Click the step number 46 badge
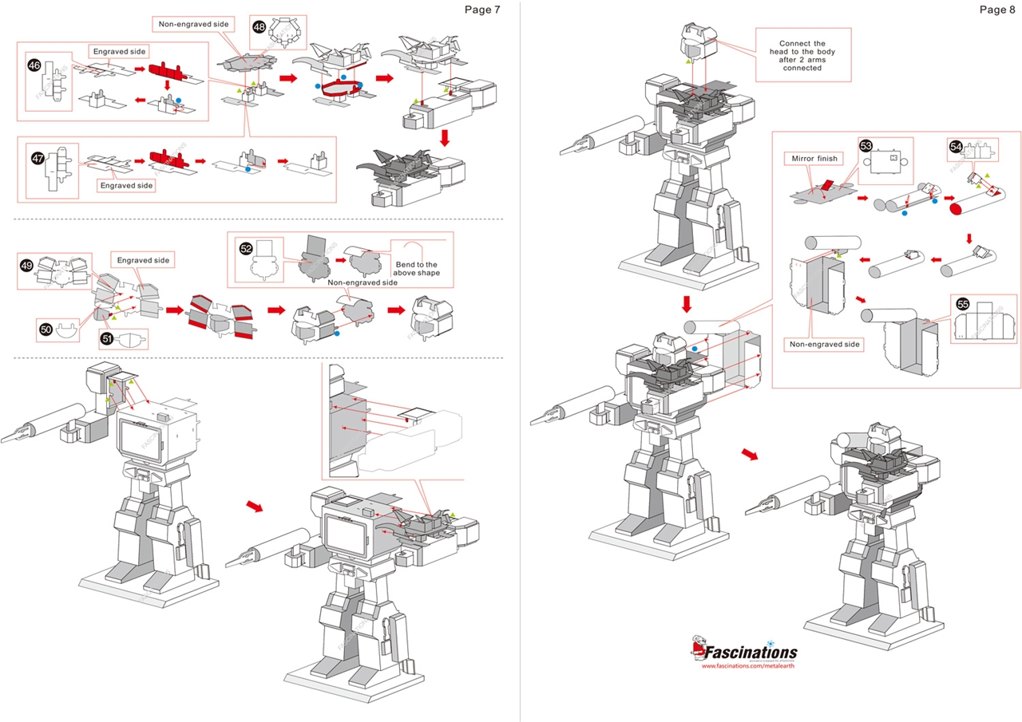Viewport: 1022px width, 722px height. tap(34, 65)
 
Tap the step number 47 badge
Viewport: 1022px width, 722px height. tap(38, 159)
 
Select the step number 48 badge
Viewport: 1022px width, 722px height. tap(259, 26)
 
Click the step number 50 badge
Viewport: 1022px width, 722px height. tap(46, 327)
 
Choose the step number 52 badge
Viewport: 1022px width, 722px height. tap(247, 248)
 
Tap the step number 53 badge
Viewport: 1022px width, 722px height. tap(866, 145)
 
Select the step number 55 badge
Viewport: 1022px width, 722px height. tap(962, 304)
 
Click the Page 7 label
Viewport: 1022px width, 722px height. tap(481, 10)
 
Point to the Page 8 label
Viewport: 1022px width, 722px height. tap(996, 10)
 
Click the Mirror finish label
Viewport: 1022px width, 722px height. tap(814, 158)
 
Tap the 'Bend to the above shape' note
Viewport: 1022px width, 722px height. tap(416, 268)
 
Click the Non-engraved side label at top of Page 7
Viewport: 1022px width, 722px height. tap(194, 24)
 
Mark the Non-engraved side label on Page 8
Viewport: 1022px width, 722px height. tap(825, 344)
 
